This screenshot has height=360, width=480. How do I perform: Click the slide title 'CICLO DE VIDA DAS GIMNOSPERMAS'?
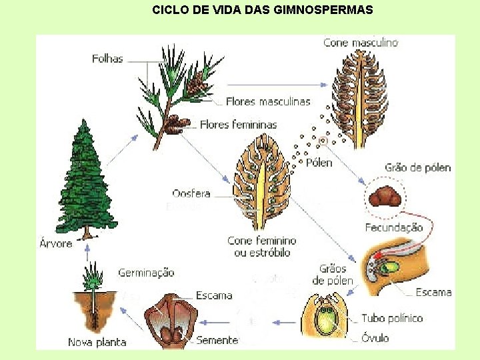(x=263, y=10)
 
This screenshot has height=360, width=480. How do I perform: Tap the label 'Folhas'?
(x=107, y=59)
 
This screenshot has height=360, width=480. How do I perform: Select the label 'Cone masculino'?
(x=360, y=43)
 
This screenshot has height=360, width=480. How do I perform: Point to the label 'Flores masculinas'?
(x=268, y=102)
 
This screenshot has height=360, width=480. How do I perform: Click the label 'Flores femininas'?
(x=238, y=125)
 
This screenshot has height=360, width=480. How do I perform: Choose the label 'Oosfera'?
(x=191, y=194)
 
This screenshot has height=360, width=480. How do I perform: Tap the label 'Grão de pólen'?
(x=417, y=168)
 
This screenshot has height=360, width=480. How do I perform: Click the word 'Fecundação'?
(x=393, y=227)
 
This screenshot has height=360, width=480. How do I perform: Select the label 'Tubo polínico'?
(x=392, y=318)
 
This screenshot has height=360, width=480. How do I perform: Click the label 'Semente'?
(x=217, y=340)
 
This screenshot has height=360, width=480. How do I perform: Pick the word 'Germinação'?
(x=146, y=273)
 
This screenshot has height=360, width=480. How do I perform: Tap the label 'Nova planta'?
(x=97, y=342)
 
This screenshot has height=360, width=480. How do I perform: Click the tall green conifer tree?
(x=85, y=180)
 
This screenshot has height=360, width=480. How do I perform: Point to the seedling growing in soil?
(x=94, y=293)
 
